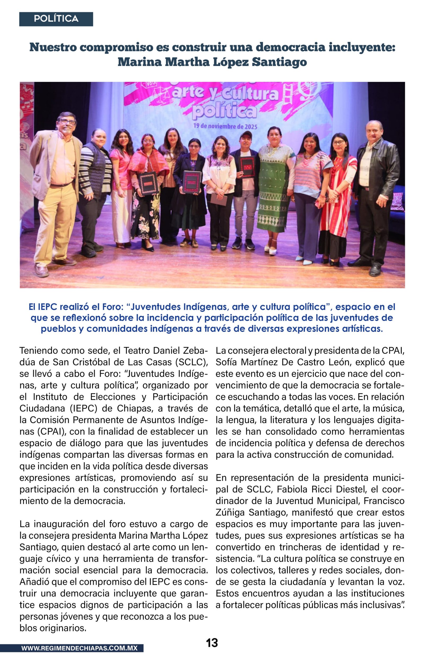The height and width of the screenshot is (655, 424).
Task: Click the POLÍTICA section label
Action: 56,19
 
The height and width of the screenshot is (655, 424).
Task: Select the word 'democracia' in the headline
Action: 290,47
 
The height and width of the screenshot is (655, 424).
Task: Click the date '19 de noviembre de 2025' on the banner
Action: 225,126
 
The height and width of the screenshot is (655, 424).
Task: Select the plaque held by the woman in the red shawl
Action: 148,183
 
